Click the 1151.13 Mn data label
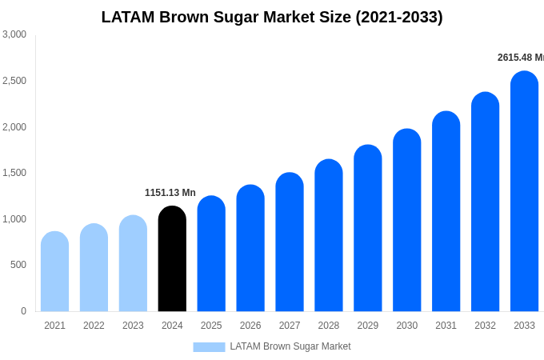pyautogui.click(x=170, y=193)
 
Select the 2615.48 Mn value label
pyautogui.click(x=520, y=58)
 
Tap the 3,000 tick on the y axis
pyautogui.click(x=14, y=34)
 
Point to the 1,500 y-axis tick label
pyautogui.click(x=14, y=173)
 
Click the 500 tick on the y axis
pyautogui.click(x=18, y=265)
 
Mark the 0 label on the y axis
pyautogui.click(x=23, y=311)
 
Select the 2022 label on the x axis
pyautogui.click(x=94, y=326)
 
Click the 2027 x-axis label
pyautogui.click(x=290, y=326)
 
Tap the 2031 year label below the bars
pyautogui.click(x=446, y=326)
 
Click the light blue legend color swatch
pyautogui.click(x=209, y=347)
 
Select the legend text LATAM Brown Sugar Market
pyautogui.click(x=290, y=346)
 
